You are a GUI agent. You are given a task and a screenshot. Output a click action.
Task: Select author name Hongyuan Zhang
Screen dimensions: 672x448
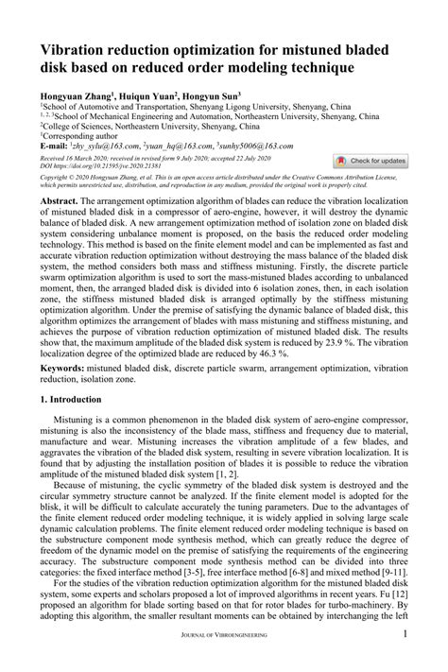tap(74, 96)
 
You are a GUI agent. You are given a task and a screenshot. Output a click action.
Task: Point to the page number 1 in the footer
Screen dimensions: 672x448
tap(405, 660)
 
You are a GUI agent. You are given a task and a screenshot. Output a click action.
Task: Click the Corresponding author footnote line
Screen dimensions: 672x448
tap(78, 137)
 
